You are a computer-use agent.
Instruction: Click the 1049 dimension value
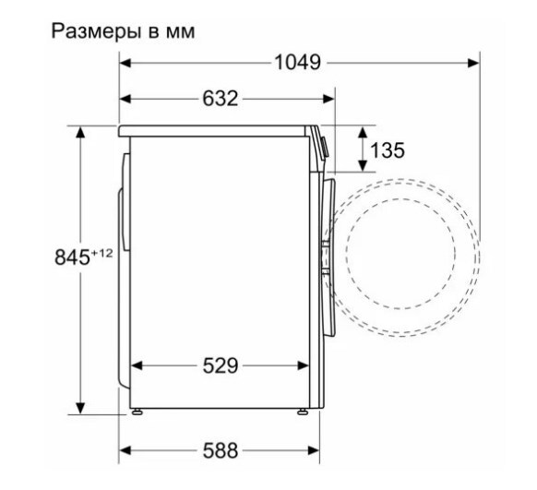pyautogui.click(x=298, y=63)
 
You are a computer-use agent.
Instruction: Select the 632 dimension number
pyautogui.click(x=221, y=99)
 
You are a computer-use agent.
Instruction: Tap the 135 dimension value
pyautogui.click(x=388, y=150)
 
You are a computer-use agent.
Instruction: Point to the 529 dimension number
pyautogui.click(x=221, y=365)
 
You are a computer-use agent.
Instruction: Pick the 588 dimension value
pyautogui.click(x=221, y=450)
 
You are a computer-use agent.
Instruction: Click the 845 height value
pyautogui.click(x=72, y=257)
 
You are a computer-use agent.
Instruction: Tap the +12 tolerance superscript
pyautogui.click(x=101, y=253)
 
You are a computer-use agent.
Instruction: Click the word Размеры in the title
pyautogui.click(x=96, y=31)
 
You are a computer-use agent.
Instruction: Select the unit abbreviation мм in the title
pyautogui.click(x=181, y=33)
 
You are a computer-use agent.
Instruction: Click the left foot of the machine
pyautogui.click(x=137, y=412)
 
